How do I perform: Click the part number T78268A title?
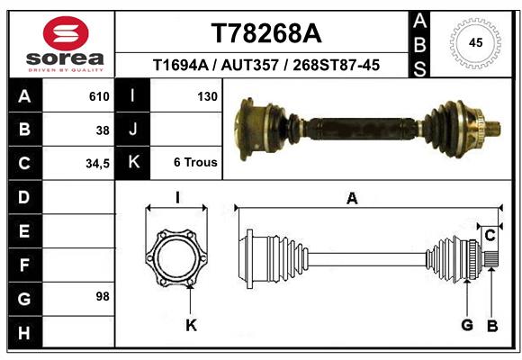(265, 33)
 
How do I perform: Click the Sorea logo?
(65, 44)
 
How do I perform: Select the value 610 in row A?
(99, 96)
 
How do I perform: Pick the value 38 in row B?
(103, 130)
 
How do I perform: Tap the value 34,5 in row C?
(97, 163)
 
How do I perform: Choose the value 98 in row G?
(103, 296)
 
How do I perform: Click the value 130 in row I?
(206, 96)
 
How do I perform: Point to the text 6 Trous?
(195, 163)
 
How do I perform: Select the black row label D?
(23, 196)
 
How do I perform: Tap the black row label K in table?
(133, 163)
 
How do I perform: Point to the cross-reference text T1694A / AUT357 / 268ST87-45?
(265, 65)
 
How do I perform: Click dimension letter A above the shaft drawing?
(352, 199)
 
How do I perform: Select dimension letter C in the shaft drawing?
(490, 236)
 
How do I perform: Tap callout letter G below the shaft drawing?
(467, 325)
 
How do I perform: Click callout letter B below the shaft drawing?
(491, 325)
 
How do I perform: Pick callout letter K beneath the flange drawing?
(191, 325)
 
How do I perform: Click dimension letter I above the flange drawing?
(177, 199)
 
